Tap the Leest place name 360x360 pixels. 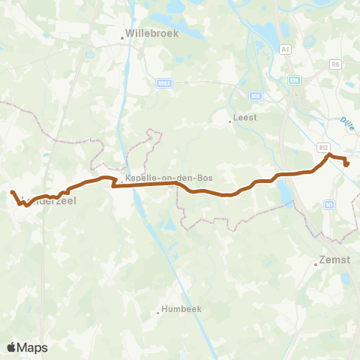click(x=244, y=117)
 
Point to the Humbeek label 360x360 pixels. click(x=178, y=310)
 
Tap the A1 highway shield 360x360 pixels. click(x=285, y=49)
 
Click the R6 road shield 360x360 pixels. click(x=335, y=64)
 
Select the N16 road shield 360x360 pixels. click(x=256, y=95)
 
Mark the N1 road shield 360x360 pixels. click(x=329, y=203)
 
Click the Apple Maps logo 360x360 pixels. click(x=27, y=347)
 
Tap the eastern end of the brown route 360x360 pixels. click(x=346, y=165)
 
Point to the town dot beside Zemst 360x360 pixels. click(x=316, y=262)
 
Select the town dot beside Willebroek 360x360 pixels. click(x=123, y=36)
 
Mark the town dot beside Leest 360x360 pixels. click(x=230, y=119)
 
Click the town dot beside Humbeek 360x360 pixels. click(x=158, y=312)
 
